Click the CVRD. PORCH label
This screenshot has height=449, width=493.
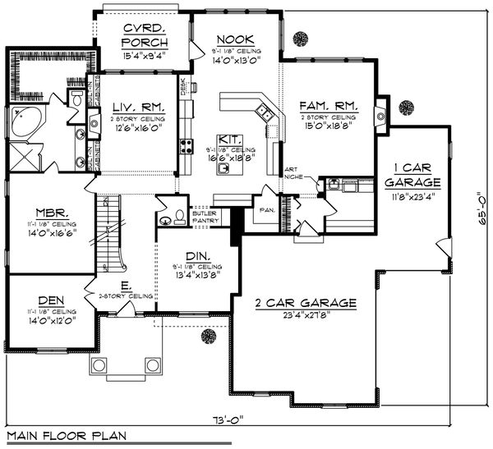point(145,36)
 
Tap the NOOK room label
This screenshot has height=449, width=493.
point(237,39)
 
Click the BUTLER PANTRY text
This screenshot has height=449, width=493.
point(205,217)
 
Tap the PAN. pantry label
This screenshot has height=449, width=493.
point(267,208)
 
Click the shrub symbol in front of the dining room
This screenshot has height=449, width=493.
point(210,337)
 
